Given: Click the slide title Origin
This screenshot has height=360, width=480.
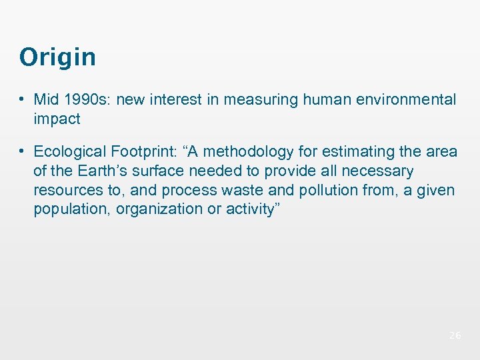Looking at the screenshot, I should point(57,57).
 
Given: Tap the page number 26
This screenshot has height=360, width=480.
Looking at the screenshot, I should point(455,335).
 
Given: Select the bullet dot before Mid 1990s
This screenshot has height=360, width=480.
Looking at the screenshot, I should point(23,100).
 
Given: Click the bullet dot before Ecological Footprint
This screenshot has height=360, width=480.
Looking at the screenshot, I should point(23,152).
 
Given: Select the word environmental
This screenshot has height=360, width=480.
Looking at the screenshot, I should point(407,100).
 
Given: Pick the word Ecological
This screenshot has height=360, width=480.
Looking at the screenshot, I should point(68,152).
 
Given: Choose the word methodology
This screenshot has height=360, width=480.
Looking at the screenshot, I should point(258,152).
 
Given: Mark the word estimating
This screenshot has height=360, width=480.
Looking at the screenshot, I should point(364,152).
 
